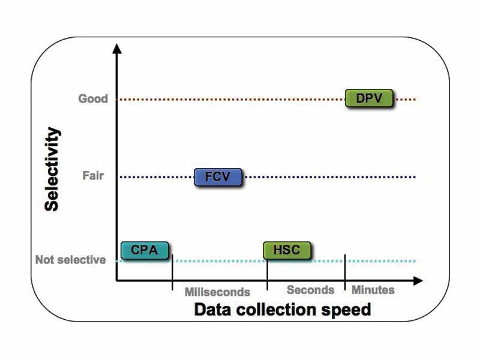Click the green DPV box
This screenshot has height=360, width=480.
click(369, 98)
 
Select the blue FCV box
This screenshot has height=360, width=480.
click(218, 177)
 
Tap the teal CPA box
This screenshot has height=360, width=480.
click(145, 250)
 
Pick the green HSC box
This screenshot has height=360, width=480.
click(287, 250)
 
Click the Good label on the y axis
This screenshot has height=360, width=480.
click(93, 98)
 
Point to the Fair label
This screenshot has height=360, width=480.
click(93, 176)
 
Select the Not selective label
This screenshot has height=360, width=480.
click(70, 260)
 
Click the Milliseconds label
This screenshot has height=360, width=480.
click(217, 292)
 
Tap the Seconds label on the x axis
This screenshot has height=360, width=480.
click(310, 290)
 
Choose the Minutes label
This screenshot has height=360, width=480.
click(373, 290)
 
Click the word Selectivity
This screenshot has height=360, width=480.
click(53, 169)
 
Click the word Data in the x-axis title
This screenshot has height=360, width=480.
click(214, 310)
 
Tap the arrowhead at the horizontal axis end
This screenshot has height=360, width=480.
click(418, 280)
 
